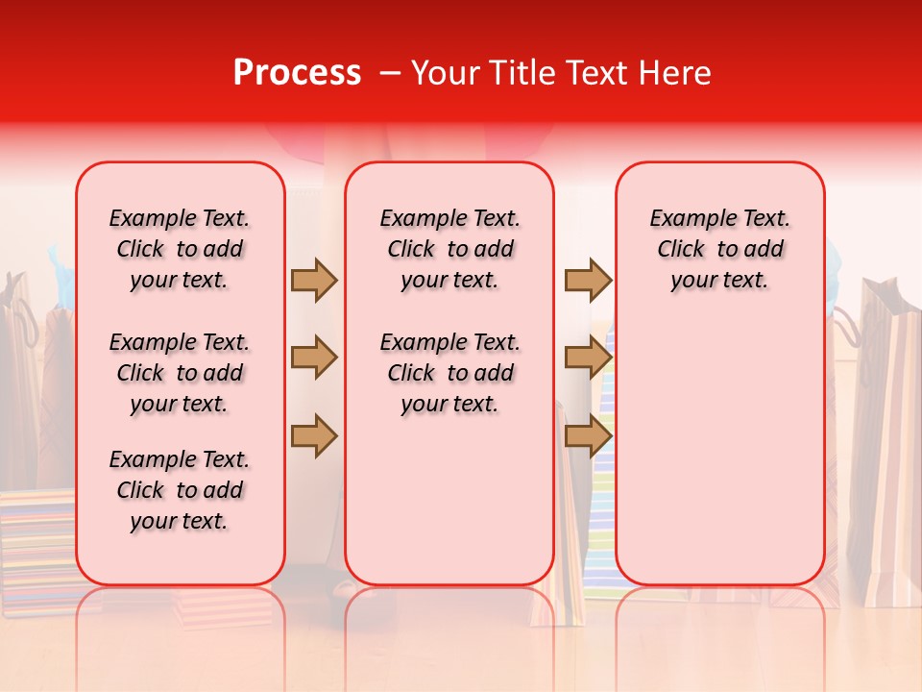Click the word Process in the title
coord(297,73)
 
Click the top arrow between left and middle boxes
coord(314,280)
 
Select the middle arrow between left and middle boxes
coord(314,358)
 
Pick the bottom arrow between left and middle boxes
coord(314,435)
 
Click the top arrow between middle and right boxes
coord(588,280)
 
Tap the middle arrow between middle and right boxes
coord(588,358)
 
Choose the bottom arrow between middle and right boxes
coord(588,435)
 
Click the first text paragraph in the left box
coord(180,249)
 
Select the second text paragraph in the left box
coord(180,373)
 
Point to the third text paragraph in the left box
coord(180,490)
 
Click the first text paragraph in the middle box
coord(449,249)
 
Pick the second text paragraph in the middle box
coord(449,373)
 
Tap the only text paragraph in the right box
coord(719,249)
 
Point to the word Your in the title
coord(445,73)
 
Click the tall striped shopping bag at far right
coord(888,432)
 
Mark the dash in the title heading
coord(390,73)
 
